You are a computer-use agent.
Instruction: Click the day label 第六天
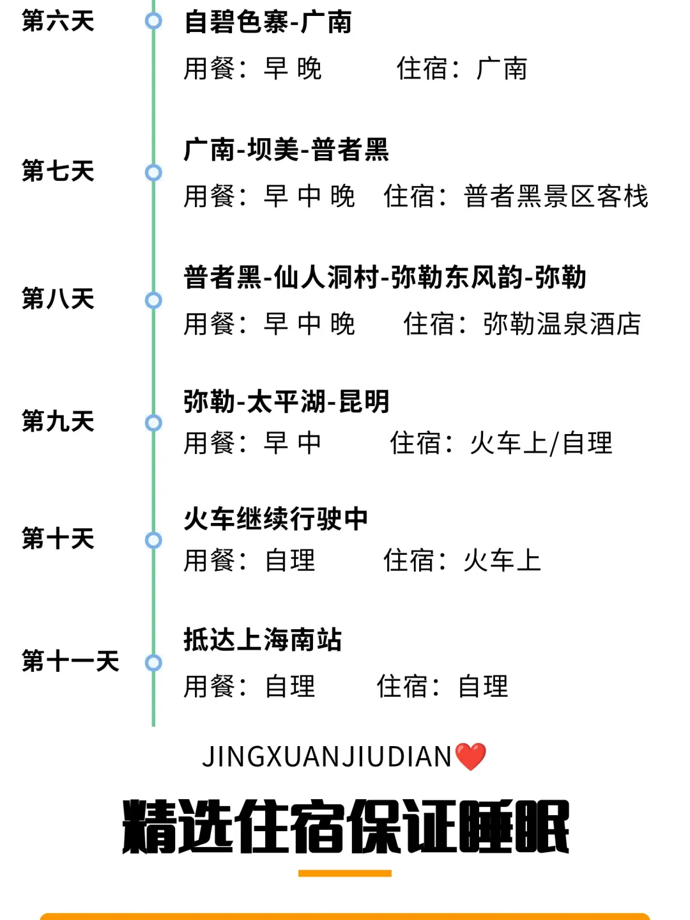[x=57, y=21]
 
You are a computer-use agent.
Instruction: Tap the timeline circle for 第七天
[x=153, y=172]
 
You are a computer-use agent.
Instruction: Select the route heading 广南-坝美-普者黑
[x=286, y=150]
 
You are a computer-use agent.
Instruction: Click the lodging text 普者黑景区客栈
[x=556, y=196]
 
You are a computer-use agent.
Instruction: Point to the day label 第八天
[x=57, y=299]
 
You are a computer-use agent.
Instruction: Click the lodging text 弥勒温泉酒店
[x=562, y=324]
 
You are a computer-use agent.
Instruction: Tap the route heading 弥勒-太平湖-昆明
[x=286, y=402]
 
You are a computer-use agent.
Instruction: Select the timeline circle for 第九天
[x=153, y=423]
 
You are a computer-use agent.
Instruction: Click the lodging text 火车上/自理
[x=540, y=443]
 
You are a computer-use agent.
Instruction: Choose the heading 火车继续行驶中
[x=275, y=519]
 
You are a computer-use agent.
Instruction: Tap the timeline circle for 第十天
[x=153, y=540]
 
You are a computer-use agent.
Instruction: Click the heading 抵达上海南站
[x=263, y=640]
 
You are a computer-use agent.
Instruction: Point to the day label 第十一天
[x=70, y=661]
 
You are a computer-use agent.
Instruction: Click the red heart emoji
[x=471, y=757]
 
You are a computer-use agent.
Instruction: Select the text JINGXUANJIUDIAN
[x=327, y=757]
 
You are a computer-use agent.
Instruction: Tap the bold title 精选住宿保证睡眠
[x=345, y=827]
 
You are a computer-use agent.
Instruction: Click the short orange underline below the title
[x=345, y=873]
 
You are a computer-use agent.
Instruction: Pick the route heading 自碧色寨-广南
[x=268, y=22]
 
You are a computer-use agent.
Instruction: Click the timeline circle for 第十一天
[x=153, y=663]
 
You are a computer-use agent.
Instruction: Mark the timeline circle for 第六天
[x=153, y=21]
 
